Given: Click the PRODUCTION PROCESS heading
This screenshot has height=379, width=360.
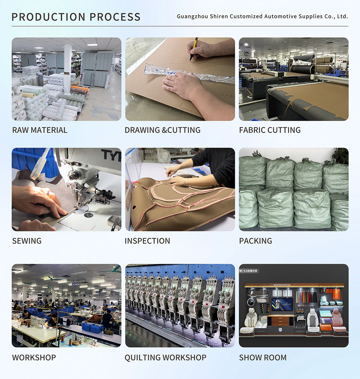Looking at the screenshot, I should tap(76, 17).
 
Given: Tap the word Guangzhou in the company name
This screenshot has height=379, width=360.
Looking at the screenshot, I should tap(192, 16).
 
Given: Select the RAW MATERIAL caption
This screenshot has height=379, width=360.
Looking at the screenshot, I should tap(40, 130).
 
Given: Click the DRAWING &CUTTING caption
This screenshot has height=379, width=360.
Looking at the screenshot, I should tap(163, 130).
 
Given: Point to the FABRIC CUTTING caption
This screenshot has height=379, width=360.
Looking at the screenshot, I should tap(270, 130).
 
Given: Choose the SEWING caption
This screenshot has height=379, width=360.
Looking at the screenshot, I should tap(27, 241).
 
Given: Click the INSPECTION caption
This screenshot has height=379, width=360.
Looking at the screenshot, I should tap(147, 241).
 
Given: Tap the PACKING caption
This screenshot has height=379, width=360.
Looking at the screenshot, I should tap(256, 241).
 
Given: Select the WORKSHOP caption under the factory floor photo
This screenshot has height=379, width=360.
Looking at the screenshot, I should tap(34, 358).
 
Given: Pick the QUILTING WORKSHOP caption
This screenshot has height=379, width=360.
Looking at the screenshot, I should tap(165, 358).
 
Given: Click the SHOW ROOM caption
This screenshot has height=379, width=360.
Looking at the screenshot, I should tap(263, 358).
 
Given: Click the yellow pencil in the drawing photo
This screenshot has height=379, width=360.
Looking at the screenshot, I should tap(194, 49).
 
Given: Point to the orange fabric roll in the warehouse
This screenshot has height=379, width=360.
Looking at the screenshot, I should tap(80, 89).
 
